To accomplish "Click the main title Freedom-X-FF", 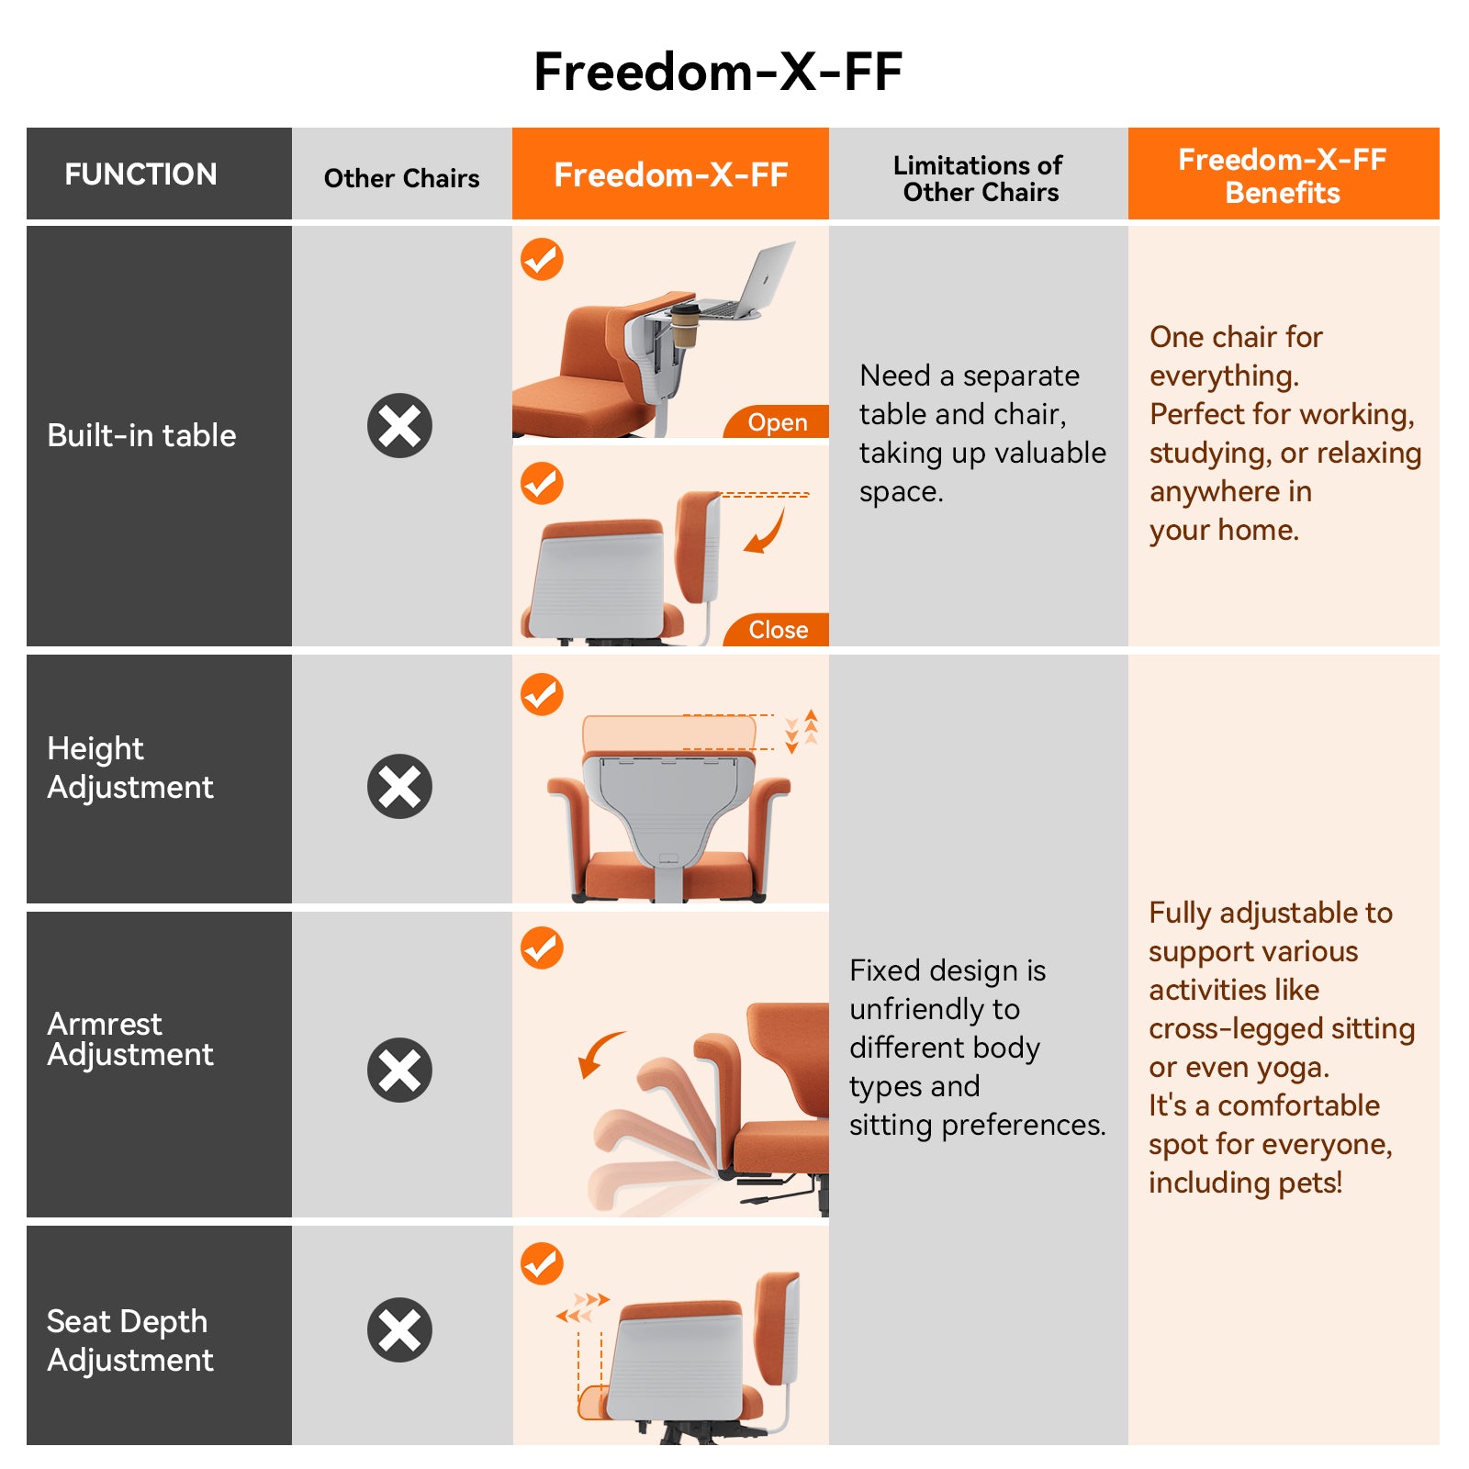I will (x=717, y=72).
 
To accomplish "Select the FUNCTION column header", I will (x=140, y=174).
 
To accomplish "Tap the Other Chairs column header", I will (x=401, y=178).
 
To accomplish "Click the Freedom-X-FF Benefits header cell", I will (x=1282, y=175).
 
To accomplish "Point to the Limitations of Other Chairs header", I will (x=979, y=178).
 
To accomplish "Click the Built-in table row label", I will (x=141, y=435).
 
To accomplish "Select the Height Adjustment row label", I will (x=129, y=768).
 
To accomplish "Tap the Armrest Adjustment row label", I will (x=129, y=1038).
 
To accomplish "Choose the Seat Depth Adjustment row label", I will (x=129, y=1340).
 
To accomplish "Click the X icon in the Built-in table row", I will (x=399, y=426).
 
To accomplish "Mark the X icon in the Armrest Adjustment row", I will (x=399, y=1070).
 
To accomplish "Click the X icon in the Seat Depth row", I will (x=399, y=1329).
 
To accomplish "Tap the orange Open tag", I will (x=777, y=422).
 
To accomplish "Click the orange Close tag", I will (x=778, y=630).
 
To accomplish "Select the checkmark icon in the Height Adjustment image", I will (x=542, y=694).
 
